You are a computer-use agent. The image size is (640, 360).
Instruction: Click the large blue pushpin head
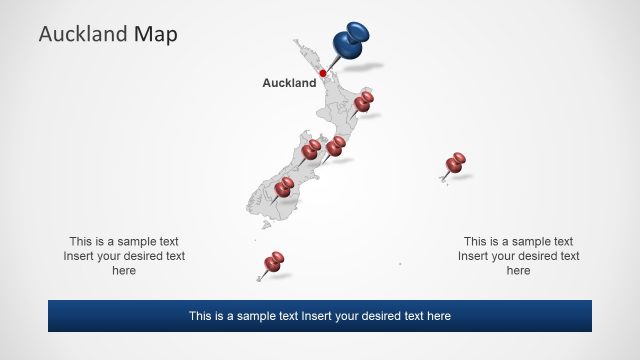point(348,41)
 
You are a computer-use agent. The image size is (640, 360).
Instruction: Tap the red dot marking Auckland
point(323,73)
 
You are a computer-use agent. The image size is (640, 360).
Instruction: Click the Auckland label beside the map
point(288,83)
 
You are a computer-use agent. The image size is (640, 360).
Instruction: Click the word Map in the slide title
point(156,35)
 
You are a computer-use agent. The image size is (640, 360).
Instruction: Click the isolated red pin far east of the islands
point(456,161)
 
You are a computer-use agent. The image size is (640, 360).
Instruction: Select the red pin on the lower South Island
point(285,186)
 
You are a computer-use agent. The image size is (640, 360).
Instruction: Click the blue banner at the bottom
point(319,316)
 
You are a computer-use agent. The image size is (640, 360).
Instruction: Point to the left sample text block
point(124,256)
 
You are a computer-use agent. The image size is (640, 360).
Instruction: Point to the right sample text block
point(518,256)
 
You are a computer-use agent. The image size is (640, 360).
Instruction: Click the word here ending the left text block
point(124,270)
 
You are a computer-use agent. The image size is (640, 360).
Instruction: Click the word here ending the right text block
point(518,270)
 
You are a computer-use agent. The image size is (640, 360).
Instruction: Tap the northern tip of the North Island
point(296,41)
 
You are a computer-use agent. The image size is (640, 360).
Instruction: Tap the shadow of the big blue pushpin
point(367,66)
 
